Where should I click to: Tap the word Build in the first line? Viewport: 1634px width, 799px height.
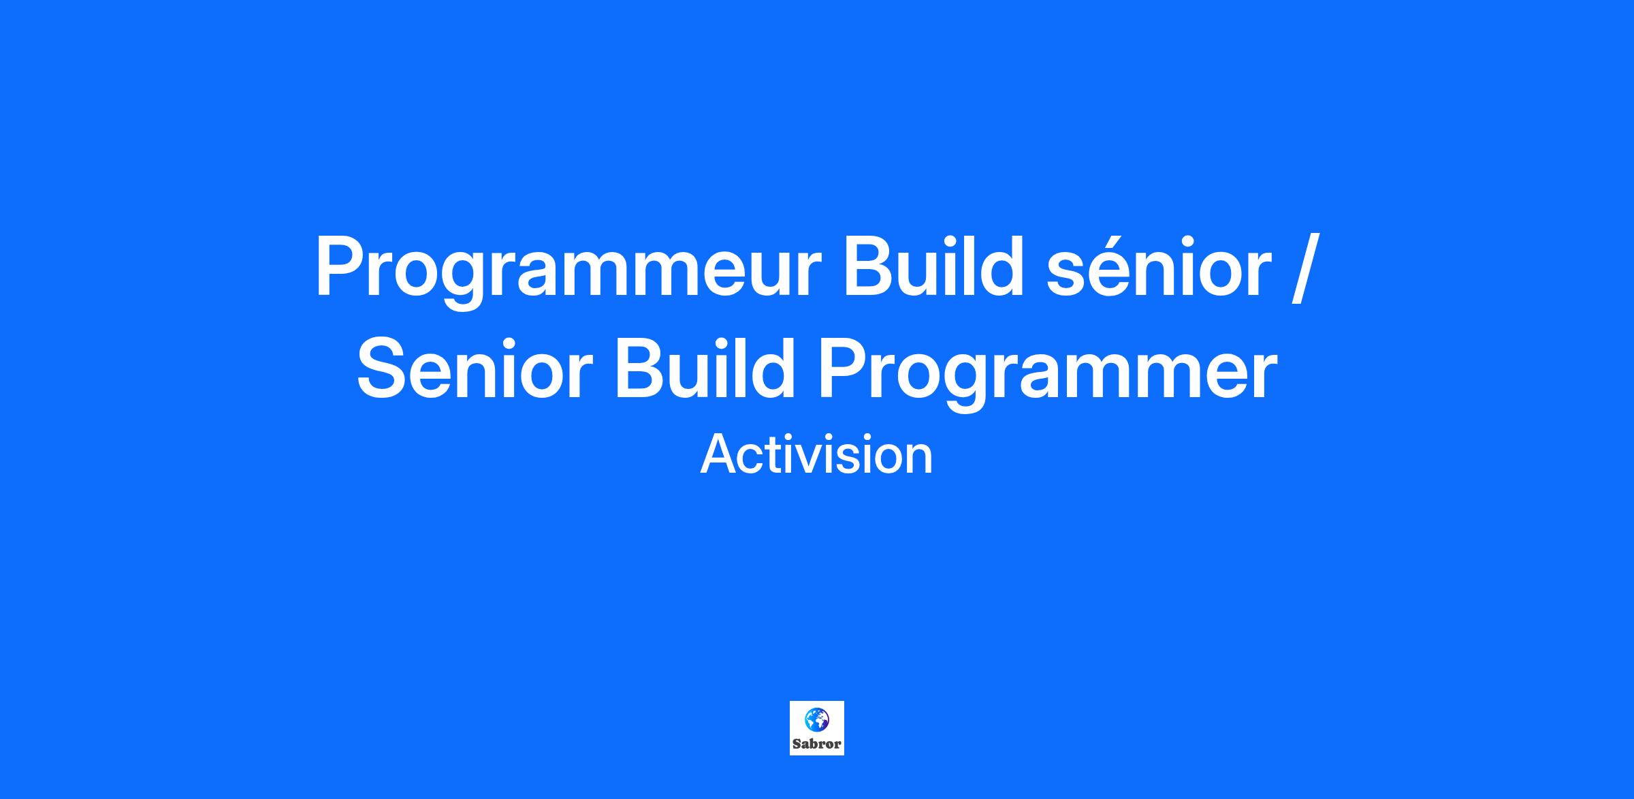[x=934, y=266]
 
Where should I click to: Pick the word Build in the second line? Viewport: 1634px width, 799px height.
[x=705, y=367]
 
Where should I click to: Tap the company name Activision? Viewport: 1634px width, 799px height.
[x=816, y=455]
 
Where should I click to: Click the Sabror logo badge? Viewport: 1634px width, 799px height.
[x=817, y=728]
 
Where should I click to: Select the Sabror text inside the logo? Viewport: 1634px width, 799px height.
[x=817, y=745]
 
